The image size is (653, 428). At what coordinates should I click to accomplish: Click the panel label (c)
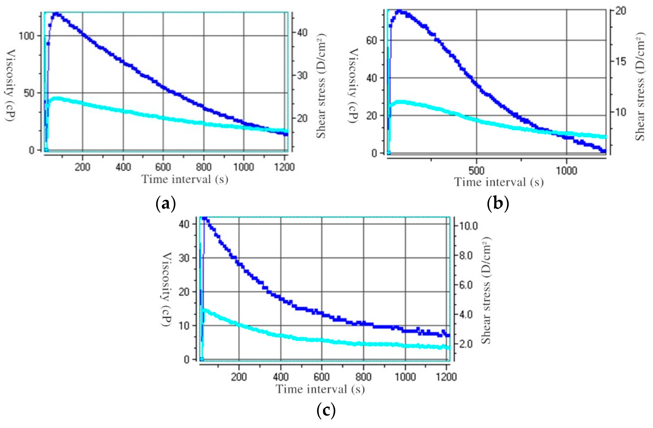(x=326, y=411)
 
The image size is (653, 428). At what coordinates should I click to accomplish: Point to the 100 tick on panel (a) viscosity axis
(x=27, y=36)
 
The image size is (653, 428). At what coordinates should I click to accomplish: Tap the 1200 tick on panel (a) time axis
(x=284, y=167)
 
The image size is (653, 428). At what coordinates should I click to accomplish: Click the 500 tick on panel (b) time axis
(x=476, y=171)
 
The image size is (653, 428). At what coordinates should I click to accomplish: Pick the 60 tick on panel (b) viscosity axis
(x=372, y=41)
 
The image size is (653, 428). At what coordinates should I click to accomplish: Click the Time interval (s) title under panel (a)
(x=185, y=180)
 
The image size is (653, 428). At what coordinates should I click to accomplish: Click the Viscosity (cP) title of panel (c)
(x=166, y=289)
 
